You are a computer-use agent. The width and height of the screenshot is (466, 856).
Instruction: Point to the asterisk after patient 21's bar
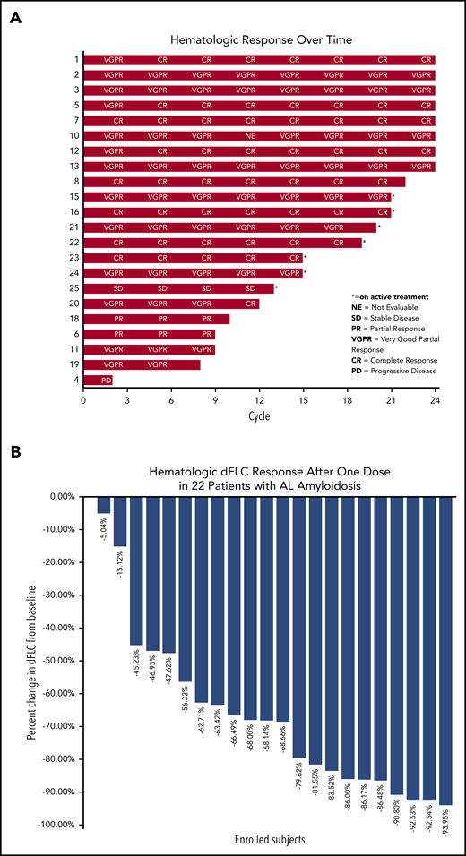(379, 227)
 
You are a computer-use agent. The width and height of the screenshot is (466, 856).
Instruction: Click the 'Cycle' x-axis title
(260, 417)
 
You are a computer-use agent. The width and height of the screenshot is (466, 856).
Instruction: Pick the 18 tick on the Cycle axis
(348, 399)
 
